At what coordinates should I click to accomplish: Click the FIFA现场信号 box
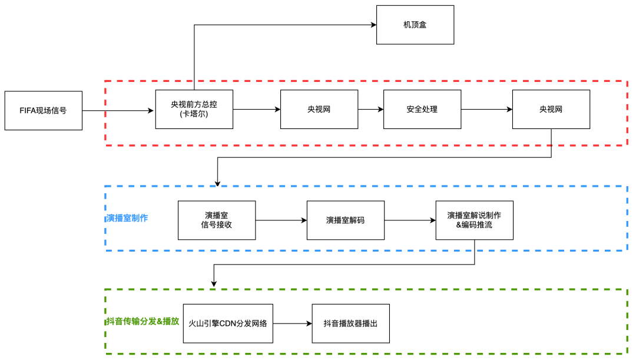(x=44, y=110)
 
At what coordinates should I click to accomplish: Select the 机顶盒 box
(x=415, y=25)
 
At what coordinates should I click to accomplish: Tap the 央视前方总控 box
(x=194, y=109)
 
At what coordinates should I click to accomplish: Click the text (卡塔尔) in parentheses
(x=194, y=114)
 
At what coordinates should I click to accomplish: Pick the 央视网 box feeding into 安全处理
(x=319, y=109)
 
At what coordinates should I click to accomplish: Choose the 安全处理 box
(x=422, y=109)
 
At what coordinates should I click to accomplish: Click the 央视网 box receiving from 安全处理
(x=551, y=109)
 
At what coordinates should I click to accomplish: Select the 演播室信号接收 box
(x=217, y=220)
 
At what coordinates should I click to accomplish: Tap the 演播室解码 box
(x=345, y=220)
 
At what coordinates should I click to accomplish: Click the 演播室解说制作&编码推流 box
(x=474, y=220)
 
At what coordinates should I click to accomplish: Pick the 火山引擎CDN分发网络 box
(x=227, y=323)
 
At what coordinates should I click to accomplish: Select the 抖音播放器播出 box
(x=350, y=323)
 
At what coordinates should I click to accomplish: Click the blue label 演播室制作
(x=127, y=218)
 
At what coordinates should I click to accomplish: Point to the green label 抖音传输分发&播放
(x=143, y=321)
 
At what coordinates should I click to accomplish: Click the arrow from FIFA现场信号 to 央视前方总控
(x=118, y=110)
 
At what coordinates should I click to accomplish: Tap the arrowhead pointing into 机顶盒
(x=373, y=25)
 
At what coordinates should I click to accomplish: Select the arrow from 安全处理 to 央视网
(x=486, y=109)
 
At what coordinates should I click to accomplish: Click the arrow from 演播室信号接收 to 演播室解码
(x=281, y=220)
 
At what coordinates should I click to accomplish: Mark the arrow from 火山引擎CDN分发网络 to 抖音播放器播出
(x=292, y=323)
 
